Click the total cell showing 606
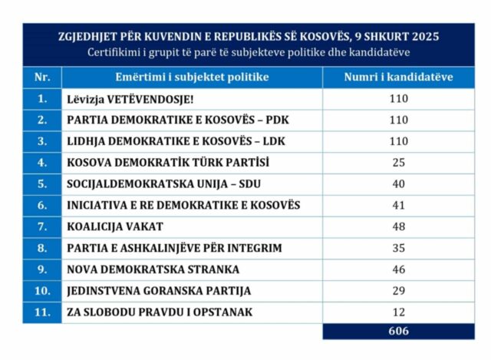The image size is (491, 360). pos(398,332)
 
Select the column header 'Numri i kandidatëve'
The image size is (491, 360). pos(398,77)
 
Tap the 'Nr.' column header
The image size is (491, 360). pos(41,77)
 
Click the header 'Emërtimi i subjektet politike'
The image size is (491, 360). pos(192,77)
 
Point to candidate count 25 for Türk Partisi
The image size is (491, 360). pos(398,163)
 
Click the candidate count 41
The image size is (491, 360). pos(398,206)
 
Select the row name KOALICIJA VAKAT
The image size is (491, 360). pos(114,227)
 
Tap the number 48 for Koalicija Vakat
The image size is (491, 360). pos(398,227)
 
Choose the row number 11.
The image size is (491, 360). pos(41,312)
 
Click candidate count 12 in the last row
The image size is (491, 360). pos(398,312)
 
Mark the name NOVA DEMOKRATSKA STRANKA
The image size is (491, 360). pos(153,269)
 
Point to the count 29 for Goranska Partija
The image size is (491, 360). pos(398,291)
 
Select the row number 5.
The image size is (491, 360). pos(41,184)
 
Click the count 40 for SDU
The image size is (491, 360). pos(398,184)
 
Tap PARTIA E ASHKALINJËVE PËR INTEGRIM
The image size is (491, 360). pos(174,248)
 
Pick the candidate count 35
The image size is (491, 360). pos(398,248)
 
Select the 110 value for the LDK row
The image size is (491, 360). pos(398,141)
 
